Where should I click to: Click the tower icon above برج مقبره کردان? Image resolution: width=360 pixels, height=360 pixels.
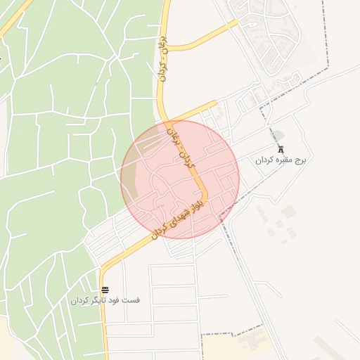tap(281, 149)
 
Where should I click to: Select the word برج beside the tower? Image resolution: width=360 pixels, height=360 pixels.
tap(300, 160)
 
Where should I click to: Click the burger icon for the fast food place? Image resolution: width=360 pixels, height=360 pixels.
tap(105, 290)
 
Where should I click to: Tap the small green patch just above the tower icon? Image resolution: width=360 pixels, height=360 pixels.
tap(279, 136)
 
